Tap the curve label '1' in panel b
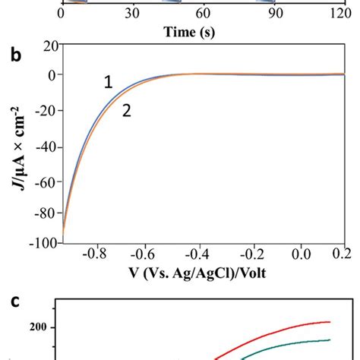pyautogui.click(x=109, y=83)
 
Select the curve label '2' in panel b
pyautogui.click(x=127, y=111)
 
